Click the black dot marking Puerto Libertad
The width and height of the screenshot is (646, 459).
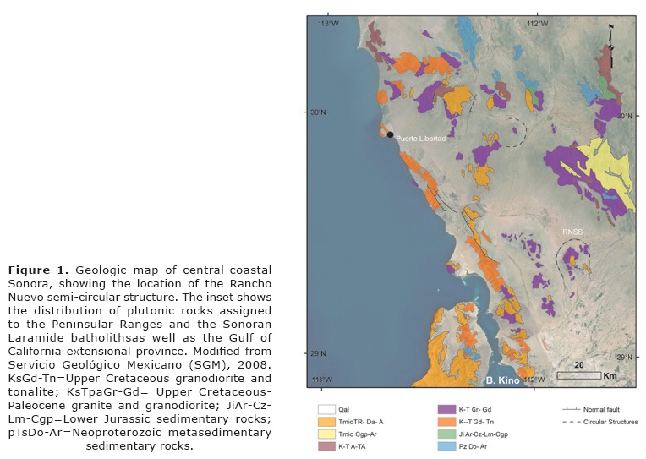click(390, 134)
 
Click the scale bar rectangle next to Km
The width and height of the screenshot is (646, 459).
click(578, 374)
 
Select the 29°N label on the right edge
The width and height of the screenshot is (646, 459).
click(624, 357)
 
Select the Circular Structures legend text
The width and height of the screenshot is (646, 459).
click(610, 421)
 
